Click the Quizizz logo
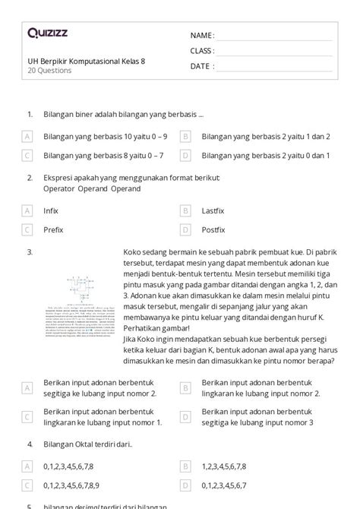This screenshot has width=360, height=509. coord(48,33)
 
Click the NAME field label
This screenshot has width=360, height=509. coord(201,36)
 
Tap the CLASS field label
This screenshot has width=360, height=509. coord(202,51)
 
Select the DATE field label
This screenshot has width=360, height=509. coord(201,66)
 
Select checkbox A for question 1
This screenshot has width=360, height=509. coord(27,137)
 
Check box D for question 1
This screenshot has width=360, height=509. coord(185,156)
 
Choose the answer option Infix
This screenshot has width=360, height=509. coord(51,210)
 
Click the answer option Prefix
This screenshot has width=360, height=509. coord(53,229)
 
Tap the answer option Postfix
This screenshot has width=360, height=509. coord(215,229)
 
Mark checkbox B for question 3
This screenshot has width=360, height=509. coord(185,388)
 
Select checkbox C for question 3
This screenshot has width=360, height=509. coord(27,416)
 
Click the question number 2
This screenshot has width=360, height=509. coord(29,178)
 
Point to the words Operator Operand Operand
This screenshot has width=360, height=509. coord(92,188)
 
